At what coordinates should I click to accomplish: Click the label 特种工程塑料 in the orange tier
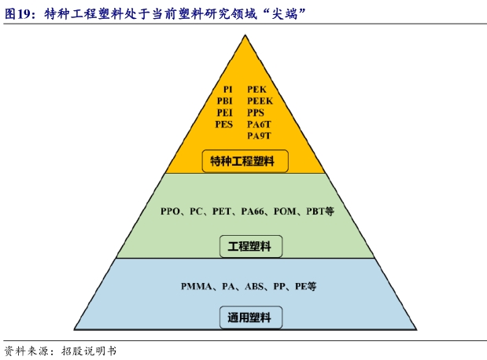pyautogui.click(x=243, y=162)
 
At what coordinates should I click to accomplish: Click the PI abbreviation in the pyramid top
pyautogui.click(x=227, y=90)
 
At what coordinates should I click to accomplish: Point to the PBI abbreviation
pyautogui.click(x=225, y=101)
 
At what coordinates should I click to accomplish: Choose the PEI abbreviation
pyautogui.click(x=225, y=112)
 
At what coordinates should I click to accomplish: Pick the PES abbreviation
pyautogui.click(x=225, y=124)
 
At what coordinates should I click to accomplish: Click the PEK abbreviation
pyautogui.click(x=256, y=90)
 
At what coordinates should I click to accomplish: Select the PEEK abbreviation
pyautogui.click(x=260, y=101)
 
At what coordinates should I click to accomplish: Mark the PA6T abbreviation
pyautogui.click(x=259, y=124)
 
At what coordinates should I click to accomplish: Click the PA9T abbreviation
pyautogui.click(x=259, y=135)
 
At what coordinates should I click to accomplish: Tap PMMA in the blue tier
pyautogui.click(x=194, y=287)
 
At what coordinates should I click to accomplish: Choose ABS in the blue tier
pyautogui.click(x=255, y=287)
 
